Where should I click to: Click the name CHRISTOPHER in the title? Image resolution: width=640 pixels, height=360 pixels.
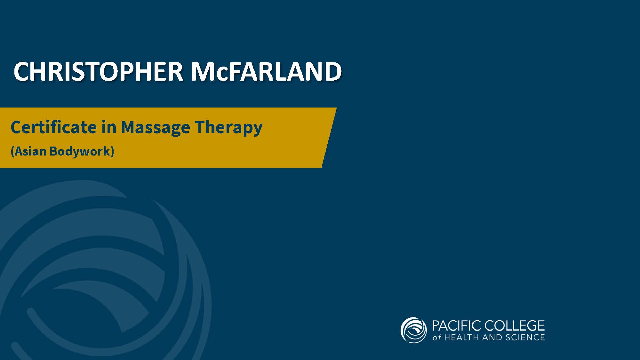(98, 71)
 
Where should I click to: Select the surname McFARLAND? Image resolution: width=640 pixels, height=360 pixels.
(266, 71)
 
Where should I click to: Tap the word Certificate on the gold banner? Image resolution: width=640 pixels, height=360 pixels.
(53, 127)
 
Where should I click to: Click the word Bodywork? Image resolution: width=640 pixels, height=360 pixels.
(80, 151)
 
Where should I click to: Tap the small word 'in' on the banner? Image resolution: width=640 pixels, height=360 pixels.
(109, 127)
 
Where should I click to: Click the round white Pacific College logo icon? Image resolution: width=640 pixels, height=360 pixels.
(413, 330)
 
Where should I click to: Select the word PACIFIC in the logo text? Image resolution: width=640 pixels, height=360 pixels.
(457, 326)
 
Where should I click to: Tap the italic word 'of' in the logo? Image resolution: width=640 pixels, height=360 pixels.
(437, 337)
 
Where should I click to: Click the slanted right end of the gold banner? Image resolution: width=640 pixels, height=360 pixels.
(329, 138)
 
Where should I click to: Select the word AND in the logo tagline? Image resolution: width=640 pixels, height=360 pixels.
(492, 337)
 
